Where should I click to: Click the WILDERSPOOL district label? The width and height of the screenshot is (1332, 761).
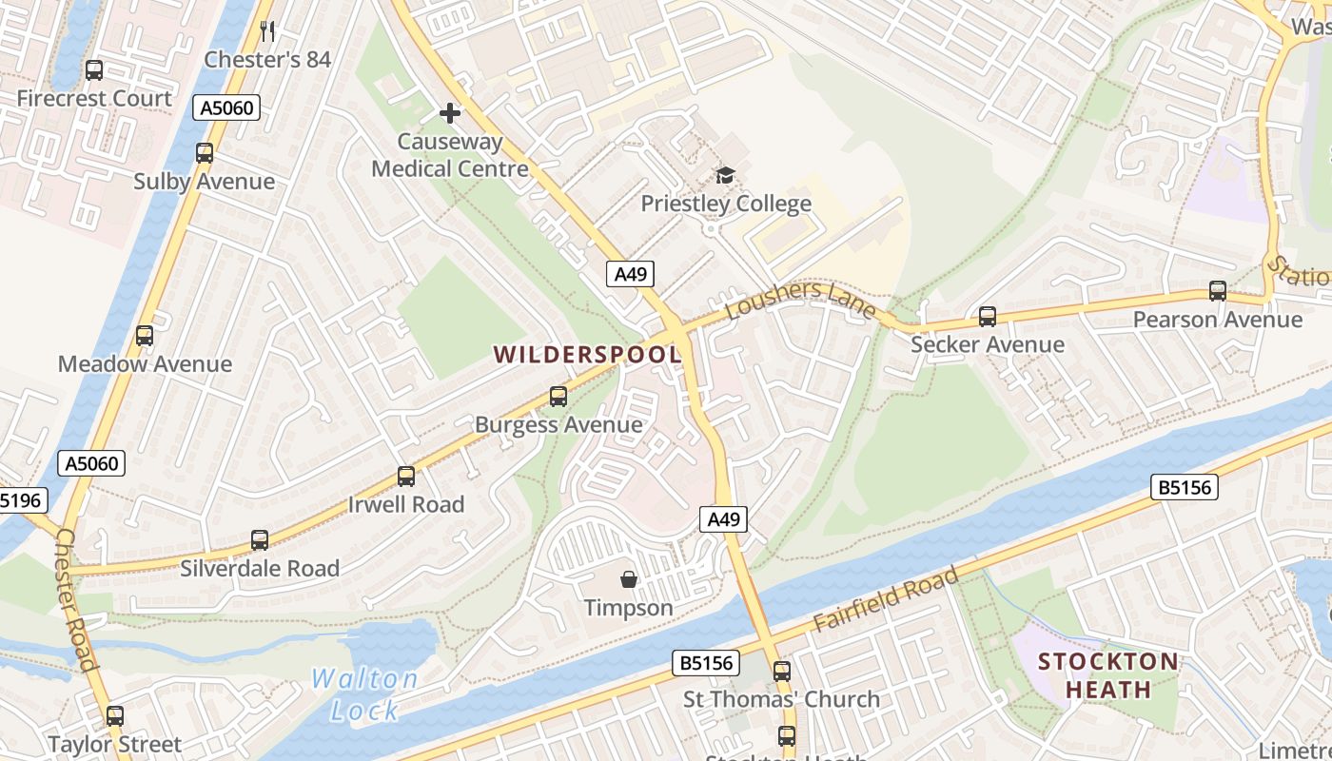pos(587,355)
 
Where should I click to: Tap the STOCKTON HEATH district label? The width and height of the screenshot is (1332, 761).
pos(1107,674)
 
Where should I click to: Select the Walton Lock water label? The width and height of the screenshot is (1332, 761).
pos(365,693)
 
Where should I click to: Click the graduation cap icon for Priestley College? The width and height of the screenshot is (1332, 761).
pos(726,175)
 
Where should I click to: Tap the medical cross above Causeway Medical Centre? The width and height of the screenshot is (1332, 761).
pos(450,114)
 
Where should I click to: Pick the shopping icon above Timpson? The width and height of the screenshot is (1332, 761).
pos(628,578)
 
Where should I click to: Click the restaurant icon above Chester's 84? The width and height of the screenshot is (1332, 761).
pos(267,31)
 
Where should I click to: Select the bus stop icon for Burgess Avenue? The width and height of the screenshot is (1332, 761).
pos(558,396)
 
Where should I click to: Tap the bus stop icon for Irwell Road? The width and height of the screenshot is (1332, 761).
pos(406,476)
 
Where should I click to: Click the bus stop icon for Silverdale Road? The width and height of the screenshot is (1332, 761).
pos(260,540)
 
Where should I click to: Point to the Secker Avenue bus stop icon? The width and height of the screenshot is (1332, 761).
pos(988,316)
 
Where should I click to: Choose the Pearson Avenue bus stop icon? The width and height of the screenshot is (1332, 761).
pos(1218,291)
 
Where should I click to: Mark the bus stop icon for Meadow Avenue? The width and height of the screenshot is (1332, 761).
pos(145,335)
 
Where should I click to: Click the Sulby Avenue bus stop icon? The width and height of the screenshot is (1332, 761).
pos(205,152)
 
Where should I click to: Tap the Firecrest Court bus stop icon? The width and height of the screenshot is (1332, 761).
pos(94,69)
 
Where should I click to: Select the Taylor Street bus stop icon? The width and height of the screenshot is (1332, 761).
pos(115,715)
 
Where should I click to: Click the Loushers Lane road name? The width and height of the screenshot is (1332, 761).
pos(800,299)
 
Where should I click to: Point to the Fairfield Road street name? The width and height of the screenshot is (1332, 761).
pos(886,600)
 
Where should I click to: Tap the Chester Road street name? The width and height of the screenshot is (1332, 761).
pos(75,600)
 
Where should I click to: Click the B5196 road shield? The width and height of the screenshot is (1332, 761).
pos(19,500)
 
